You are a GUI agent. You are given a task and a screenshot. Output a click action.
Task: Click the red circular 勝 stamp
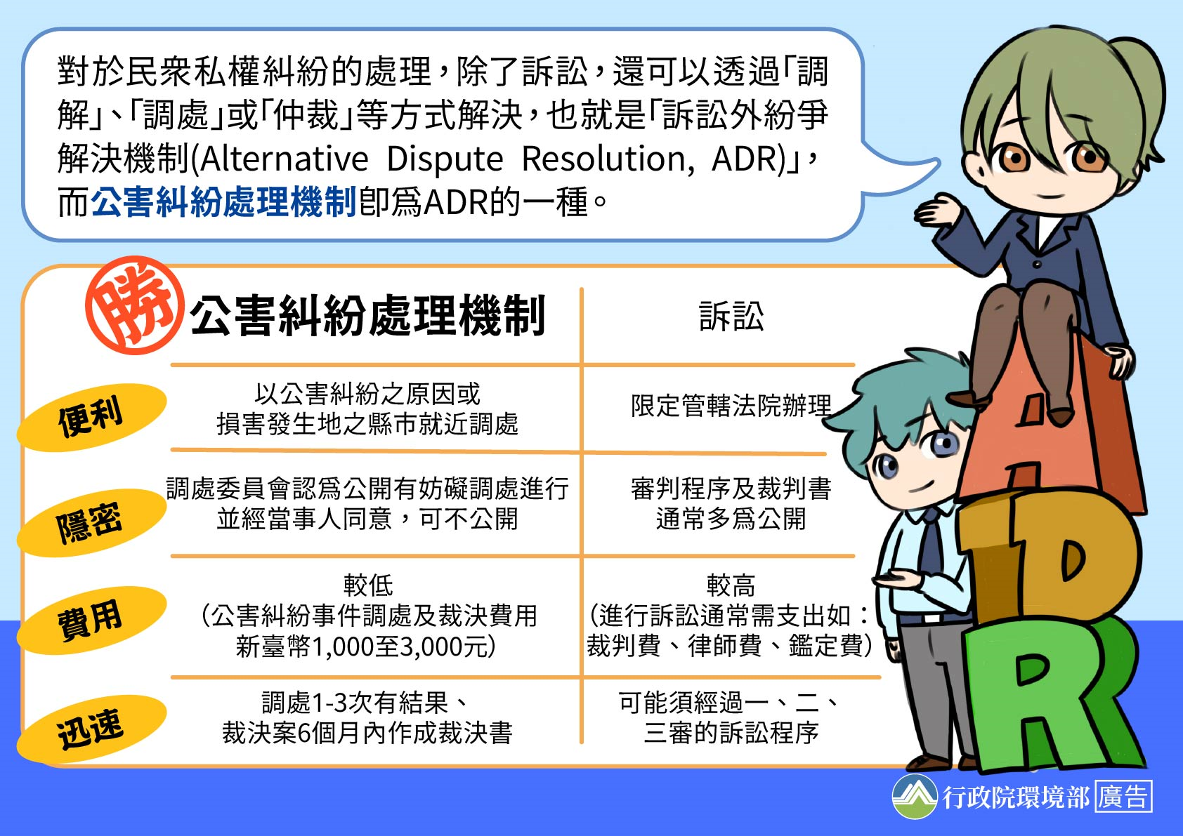(x=134, y=305)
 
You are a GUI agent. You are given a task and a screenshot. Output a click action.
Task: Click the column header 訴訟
(x=731, y=317)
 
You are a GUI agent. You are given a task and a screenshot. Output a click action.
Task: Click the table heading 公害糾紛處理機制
(x=367, y=317)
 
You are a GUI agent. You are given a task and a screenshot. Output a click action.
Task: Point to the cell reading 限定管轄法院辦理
(x=731, y=406)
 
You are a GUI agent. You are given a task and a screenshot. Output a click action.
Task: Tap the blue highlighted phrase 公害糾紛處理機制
(x=224, y=202)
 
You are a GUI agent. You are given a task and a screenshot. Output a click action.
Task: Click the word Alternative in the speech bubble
(x=284, y=159)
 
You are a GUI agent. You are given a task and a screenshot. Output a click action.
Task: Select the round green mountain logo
(x=915, y=796)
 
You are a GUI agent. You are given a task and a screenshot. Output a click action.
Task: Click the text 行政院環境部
(x=1016, y=797)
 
